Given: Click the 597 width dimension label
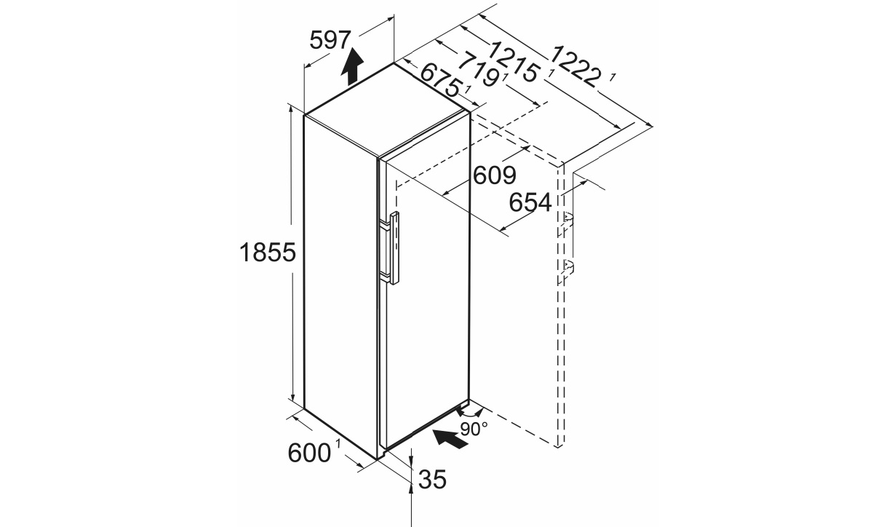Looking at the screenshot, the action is tap(330, 40).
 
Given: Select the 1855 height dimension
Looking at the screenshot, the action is tap(268, 253).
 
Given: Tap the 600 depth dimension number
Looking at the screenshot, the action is tap(309, 453).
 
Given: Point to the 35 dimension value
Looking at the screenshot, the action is tap(432, 480).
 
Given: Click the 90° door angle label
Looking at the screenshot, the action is tap(474, 429).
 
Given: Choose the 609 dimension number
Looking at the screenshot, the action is tap(494, 175).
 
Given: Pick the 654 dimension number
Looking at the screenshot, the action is tap(530, 203).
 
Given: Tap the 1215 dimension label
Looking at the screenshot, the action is tap(514, 63).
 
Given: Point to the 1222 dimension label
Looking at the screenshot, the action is tap(575, 66).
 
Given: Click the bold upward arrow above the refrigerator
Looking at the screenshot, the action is tap(352, 67).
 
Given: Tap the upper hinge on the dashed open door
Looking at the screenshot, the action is tap(567, 220).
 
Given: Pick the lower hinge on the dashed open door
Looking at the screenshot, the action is tap(567, 266).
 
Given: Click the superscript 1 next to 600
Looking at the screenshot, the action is tap(338, 444).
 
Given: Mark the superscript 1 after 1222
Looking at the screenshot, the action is tap(613, 78).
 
